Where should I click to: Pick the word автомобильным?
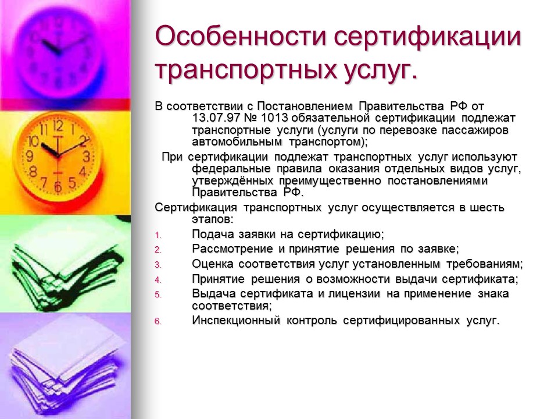pyautogui.click(x=237, y=142)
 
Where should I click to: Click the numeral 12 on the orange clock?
pyautogui.click(x=58, y=126)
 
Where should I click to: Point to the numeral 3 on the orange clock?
pyautogui.click(x=86, y=155)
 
